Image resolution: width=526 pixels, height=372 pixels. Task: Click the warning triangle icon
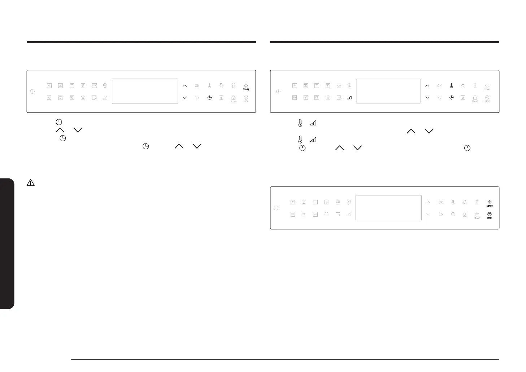pyautogui.click(x=31, y=183)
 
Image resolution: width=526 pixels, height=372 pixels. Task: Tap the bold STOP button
pyautogui.click(x=490, y=215)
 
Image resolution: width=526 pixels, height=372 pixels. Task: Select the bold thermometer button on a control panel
pyautogui.click(x=451, y=86)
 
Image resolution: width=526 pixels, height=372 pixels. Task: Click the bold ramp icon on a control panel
pyautogui.click(x=349, y=97)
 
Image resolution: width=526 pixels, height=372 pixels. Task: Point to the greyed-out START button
pyautogui.click(x=487, y=87)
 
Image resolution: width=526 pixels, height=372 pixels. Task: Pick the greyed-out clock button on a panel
pyautogui.click(x=453, y=214)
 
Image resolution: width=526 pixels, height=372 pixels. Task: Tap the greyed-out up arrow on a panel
pyautogui.click(x=428, y=202)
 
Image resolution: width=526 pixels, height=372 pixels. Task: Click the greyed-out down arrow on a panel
pyautogui.click(x=428, y=214)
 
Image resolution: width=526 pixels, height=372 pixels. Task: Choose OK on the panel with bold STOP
pyautogui.click(x=440, y=202)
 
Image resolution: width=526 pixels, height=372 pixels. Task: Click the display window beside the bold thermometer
pyautogui.click(x=388, y=91)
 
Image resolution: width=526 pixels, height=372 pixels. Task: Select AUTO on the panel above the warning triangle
pyautogui.click(x=94, y=86)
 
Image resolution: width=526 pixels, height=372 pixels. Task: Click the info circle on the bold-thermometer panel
pyautogui.click(x=278, y=91)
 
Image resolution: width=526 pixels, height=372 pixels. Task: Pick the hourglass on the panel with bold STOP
pyautogui.click(x=465, y=214)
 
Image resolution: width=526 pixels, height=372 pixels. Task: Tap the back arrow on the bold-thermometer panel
pyautogui.click(x=439, y=97)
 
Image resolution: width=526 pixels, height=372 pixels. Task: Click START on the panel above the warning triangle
pyautogui.click(x=246, y=87)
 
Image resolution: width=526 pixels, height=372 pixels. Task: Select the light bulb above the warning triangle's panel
pyautogui.click(x=221, y=86)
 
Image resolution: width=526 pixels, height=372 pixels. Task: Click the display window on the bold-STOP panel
pyautogui.click(x=388, y=208)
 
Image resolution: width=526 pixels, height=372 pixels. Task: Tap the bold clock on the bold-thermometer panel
pyautogui.click(x=451, y=97)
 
